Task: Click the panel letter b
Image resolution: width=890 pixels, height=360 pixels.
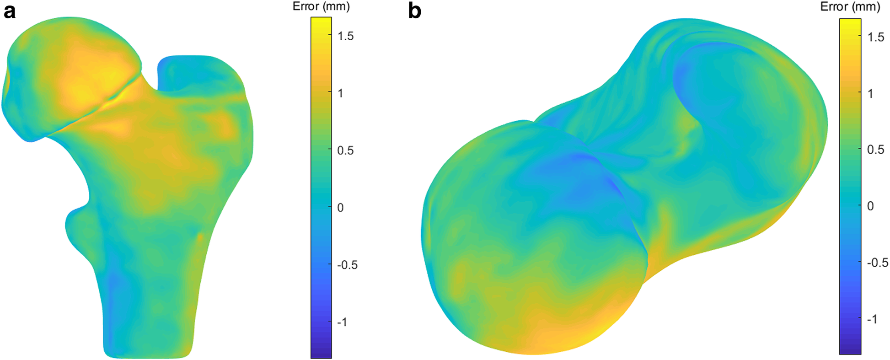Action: pyautogui.click(x=414, y=11)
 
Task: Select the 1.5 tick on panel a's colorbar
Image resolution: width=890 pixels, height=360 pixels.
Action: pyautogui.click(x=345, y=36)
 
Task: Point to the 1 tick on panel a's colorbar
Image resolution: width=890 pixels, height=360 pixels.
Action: pyautogui.click(x=340, y=93)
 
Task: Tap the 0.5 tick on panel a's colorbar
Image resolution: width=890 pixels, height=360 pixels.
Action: pyautogui.click(x=345, y=150)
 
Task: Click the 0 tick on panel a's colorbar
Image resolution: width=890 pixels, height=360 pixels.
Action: pyautogui.click(x=340, y=207)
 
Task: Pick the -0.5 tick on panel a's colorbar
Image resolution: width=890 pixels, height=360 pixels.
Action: pyautogui.click(x=347, y=265)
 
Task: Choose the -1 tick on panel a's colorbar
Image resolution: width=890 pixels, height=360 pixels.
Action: pyautogui.click(x=342, y=322)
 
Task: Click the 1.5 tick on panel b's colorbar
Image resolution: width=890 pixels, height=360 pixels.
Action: pyautogui.click(x=875, y=37)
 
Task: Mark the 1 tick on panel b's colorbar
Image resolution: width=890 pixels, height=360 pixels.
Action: pyautogui.click(x=870, y=93)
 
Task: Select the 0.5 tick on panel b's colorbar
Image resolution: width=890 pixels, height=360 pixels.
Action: pyautogui.click(x=875, y=150)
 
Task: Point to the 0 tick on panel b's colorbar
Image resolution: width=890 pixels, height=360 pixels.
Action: pyautogui.click(x=870, y=206)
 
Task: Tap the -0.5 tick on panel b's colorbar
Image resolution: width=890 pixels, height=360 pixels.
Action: pyautogui.click(x=877, y=263)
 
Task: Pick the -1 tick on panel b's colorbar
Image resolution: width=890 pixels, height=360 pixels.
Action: pyautogui.click(x=872, y=319)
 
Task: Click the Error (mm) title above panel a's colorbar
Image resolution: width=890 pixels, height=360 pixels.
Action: pyautogui.click(x=321, y=7)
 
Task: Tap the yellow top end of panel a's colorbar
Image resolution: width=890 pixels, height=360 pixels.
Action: pyautogui.click(x=321, y=21)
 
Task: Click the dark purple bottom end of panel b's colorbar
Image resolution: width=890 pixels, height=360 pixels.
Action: pyautogui.click(x=850, y=350)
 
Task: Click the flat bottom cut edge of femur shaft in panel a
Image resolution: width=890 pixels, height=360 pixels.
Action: pyautogui.click(x=147, y=356)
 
